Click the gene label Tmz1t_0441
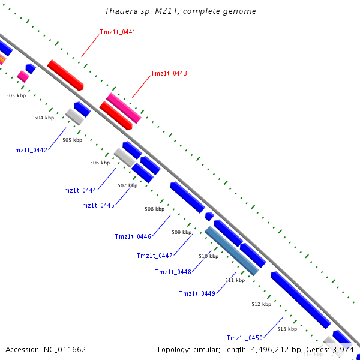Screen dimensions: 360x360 [118, 32]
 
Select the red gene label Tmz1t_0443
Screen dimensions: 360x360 [169, 74]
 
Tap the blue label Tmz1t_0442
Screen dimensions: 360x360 [29, 150]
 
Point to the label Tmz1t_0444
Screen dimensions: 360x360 [78, 190]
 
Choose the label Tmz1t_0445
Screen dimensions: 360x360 [96, 206]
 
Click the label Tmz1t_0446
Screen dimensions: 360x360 [133, 236]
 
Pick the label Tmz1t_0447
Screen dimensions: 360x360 [154, 256]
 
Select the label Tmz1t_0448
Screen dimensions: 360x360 [173, 272]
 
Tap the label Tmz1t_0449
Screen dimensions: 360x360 [197, 293]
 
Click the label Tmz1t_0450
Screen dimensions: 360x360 [244, 338]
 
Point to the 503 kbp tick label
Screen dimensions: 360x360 [16, 95]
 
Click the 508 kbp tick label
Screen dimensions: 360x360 [154, 209]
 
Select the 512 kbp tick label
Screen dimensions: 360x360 [261, 305]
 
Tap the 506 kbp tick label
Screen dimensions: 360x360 [100, 163]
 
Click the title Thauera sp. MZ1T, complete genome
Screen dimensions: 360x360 [180, 11]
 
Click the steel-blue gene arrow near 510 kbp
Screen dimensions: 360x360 [232, 251]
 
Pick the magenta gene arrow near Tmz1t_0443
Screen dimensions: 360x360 [124, 108]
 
